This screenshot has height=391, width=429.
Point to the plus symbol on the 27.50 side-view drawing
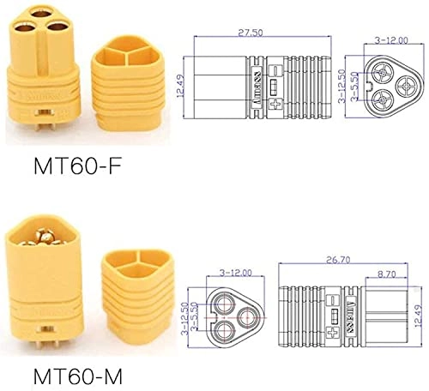coord(275,102)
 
